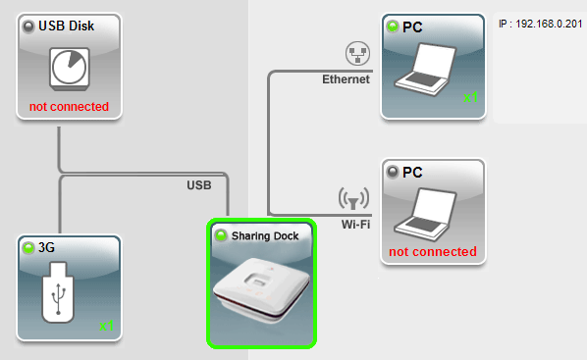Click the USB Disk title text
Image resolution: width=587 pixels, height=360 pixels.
67,26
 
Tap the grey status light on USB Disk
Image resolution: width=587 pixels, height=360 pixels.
28,26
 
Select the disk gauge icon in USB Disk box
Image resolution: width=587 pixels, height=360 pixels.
70,69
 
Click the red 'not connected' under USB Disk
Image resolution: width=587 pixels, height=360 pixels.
70,107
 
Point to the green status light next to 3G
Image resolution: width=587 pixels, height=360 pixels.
28,247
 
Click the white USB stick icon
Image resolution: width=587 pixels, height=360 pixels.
58,292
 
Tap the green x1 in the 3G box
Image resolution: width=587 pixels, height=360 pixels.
106,326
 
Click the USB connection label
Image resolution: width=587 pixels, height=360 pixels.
199,185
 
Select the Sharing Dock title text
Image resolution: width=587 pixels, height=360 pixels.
265,236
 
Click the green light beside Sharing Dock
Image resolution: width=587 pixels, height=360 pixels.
221,235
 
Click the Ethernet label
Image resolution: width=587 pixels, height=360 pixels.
346,79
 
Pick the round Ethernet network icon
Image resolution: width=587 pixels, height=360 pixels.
358,54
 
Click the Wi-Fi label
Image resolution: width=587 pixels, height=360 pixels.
355,225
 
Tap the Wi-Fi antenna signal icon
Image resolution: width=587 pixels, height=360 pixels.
353,198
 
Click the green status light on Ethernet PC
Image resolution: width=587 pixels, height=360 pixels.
393,26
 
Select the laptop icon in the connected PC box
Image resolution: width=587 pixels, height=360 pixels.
426,70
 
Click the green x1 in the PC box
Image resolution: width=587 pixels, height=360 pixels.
470,97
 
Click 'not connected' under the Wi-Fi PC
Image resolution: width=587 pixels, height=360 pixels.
433,252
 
